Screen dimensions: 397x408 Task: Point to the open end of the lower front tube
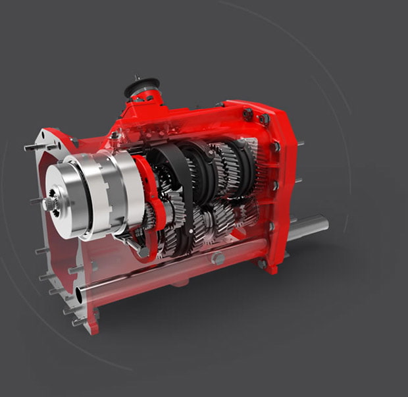[x=80, y=294]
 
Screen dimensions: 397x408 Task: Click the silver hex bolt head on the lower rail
[x=218, y=259]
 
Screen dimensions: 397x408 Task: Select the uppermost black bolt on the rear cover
[x=248, y=113]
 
